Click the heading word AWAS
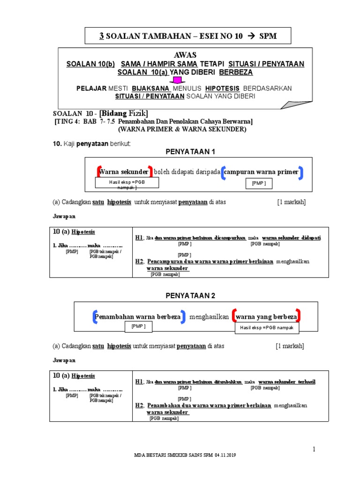(x=185, y=55)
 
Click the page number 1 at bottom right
(x=315, y=450)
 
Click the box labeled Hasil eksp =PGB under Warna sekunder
(x=127, y=183)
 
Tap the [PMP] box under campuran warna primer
(x=259, y=183)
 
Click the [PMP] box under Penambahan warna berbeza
(x=138, y=326)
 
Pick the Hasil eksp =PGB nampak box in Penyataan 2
(x=267, y=328)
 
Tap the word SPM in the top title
(x=268, y=36)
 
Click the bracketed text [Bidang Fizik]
(x=123, y=113)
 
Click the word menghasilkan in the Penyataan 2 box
(x=209, y=317)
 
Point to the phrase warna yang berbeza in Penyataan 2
(x=266, y=317)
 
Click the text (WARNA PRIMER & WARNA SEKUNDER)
(x=182, y=129)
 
